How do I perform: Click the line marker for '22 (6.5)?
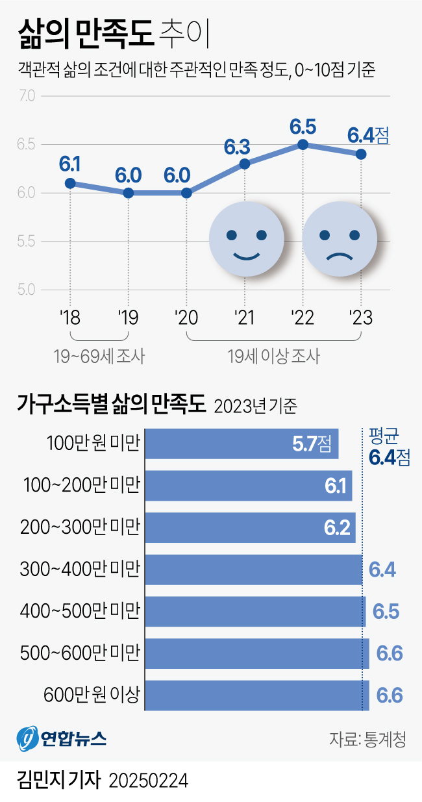coord(303,144)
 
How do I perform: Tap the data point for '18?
coord(70,183)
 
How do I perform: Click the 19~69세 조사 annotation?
coord(99,356)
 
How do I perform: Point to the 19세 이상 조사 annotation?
coord(273,356)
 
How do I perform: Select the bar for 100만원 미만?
coord(241,444)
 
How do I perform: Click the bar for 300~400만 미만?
coord(253,570)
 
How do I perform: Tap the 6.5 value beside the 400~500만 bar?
coord(386,612)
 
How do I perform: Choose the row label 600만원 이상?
coord(92,695)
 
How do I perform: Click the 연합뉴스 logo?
coord(62,738)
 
